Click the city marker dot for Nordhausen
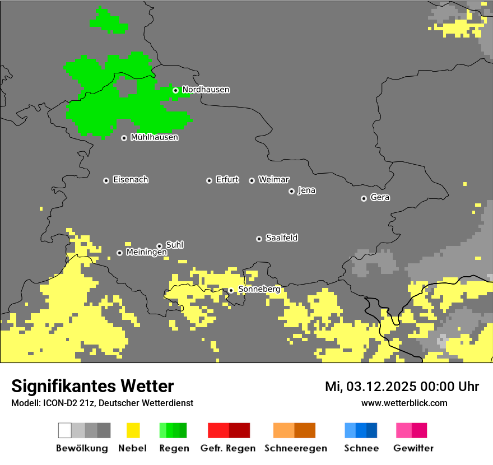175,90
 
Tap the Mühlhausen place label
154,137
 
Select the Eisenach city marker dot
106,180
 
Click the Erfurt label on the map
227,180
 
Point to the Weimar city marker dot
252,180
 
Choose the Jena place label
306,190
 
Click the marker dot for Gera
364,198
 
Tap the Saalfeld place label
281,238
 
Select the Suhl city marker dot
159,246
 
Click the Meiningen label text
146,253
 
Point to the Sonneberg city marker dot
230,290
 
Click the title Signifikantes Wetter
92,386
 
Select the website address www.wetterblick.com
404,403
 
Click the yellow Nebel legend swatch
133,430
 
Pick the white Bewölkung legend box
65,430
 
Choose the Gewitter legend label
413,448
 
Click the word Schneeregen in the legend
295,448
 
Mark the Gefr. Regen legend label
227,448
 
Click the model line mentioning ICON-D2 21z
102,403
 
